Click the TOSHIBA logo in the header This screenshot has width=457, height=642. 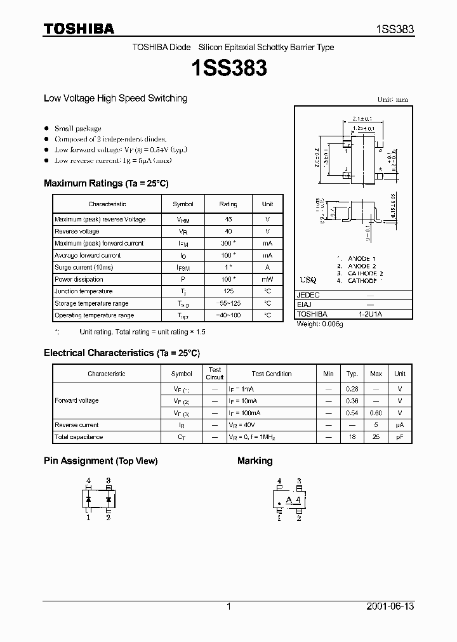[x=79, y=29]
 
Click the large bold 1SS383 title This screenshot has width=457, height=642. [x=228, y=68]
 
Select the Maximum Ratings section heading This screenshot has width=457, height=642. [x=106, y=183]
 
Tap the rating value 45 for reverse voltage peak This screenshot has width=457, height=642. [x=228, y=219]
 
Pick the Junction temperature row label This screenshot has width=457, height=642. [x=83, y=291]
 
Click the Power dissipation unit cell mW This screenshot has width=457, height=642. [x=267, y=279]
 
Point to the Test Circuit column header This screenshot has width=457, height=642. [x=215, y=373]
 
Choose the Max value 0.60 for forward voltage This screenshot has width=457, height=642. [x=376, y=412]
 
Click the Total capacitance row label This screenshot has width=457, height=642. [x=79, y=436]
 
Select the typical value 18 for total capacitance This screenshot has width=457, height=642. [x=352, y=436]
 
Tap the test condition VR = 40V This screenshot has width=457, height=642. [x=243, y=424]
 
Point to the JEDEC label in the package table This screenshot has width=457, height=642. [x=308, y=295]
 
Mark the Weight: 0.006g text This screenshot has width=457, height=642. [x=320, y=324]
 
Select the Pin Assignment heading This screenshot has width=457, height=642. [x=100, y=461]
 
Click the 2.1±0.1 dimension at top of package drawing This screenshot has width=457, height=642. [x=362, y=118]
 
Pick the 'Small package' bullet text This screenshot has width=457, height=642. [x=77, y=128]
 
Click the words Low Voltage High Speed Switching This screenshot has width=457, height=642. [x=115, y=98]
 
